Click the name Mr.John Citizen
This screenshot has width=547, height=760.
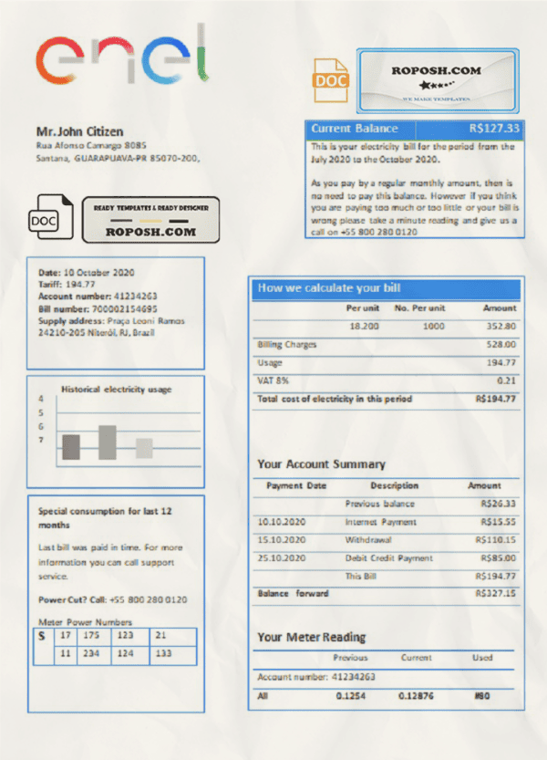point(79,132)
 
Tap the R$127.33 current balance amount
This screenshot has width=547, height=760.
point(494,129)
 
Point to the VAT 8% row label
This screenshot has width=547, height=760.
point(273,380)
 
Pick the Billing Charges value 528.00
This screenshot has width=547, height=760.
point(501,345)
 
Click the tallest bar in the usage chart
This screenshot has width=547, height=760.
point(107,442)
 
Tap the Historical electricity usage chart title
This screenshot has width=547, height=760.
point(116,390)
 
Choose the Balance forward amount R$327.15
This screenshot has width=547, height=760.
point(495,593)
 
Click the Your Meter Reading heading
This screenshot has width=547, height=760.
point(311,637)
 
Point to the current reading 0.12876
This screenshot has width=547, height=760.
point(418,696)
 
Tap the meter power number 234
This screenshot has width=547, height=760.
point(91,654)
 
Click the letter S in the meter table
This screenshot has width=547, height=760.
point(41,635)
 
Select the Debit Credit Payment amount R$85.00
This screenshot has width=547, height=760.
point(497,557)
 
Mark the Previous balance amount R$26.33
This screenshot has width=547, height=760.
point(497,504)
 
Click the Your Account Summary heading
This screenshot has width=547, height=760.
point(321,463)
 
